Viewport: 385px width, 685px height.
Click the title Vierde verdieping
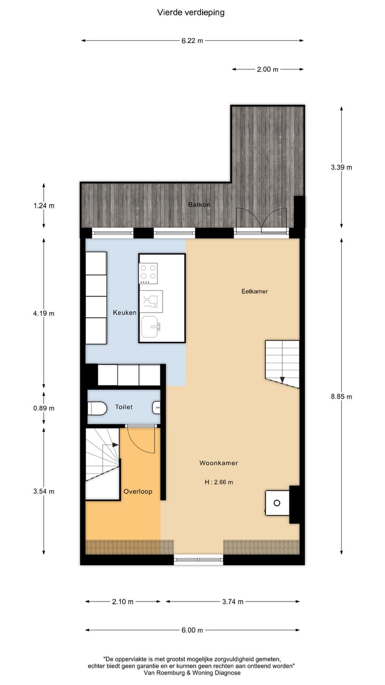coord(191,12)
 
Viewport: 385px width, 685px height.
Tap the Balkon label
coord(198,204)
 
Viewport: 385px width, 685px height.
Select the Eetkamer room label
coord(254,292)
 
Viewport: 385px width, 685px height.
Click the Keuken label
coord(125,313)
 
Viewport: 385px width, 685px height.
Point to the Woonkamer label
coord(219,463)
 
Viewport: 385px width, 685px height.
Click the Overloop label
coord(138,491)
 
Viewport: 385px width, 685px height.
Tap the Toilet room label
coord(124,407)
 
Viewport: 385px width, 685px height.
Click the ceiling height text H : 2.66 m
coord(219,482)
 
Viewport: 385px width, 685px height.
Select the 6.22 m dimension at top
coord(192,40)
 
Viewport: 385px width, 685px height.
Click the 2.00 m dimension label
coord(268,69)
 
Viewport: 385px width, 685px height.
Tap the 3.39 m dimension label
coord(342,167)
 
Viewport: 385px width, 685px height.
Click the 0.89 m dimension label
coord(43,408)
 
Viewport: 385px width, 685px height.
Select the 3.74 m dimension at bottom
coord(233,602)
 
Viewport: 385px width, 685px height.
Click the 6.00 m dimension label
coord(192,630)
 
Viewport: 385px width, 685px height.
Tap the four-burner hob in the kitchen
coord(149,273)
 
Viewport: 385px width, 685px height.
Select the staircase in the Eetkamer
coord(282,361)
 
